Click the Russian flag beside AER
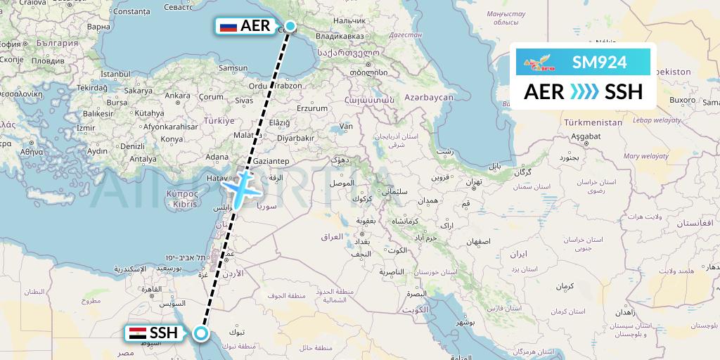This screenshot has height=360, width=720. pyautogui.click(x=229, y=27)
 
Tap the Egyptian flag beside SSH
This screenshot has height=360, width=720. pyautogui.click(x=137, y=333)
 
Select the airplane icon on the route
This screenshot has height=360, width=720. pyautogui.click(x=243, y=188)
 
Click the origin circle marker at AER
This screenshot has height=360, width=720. pyautogui.click(x=290, y=26)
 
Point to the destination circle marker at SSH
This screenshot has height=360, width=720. pyautogui.click(x=202, y=333)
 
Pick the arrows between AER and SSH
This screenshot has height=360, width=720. pyautogui.click(x=584, y=91)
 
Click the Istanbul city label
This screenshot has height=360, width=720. pyautogui.click(x=116, y=73)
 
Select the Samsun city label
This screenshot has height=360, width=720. pyautogui.click(x=233, y=68)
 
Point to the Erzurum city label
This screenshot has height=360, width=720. pyautogui.click(x=313, y=108)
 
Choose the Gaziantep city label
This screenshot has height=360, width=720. pyautogui.click(x=271, y=161)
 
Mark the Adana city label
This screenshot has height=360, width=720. pyautogui.click(x=218, y=156)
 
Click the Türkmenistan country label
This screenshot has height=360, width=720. pyautogui.click(x=593, y=122)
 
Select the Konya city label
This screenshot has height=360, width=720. pyautogui.click(x=171, y=139)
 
